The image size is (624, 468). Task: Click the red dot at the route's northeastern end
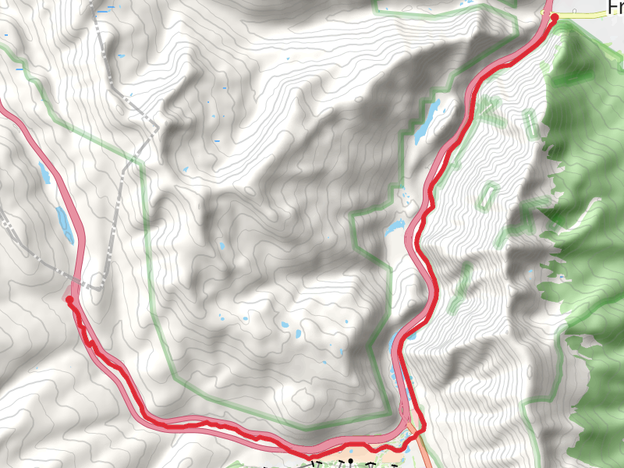click(555, 17)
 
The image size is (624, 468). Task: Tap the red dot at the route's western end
click(69, 300)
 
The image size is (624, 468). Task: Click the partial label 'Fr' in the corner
click(615, 7)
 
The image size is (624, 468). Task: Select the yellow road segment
click(585, 14)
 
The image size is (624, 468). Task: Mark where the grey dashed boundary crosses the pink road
click(78, 282)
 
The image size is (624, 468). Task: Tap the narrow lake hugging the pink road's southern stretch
click(395, 367)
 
